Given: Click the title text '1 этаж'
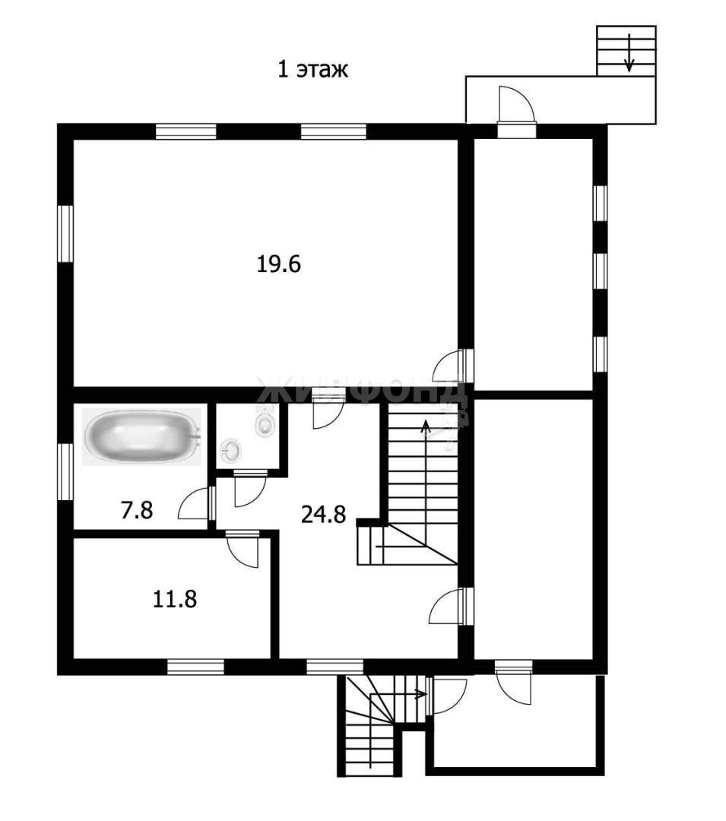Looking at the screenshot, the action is click(312, 69).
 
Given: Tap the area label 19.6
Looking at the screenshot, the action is click(278, 264).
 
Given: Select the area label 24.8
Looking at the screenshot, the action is click(324, 514).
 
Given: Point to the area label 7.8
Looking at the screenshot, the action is click(137, 510).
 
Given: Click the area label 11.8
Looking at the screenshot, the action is click(175, 599).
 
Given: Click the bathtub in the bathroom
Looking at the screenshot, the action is click(141, 436).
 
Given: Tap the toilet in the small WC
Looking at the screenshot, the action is click(265, 421).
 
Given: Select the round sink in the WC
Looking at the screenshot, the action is click(231, 450).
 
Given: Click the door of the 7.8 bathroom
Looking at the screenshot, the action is click(196, 504).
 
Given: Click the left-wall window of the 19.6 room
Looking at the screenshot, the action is click(65, 233).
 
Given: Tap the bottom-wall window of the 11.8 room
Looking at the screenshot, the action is click(196, 667).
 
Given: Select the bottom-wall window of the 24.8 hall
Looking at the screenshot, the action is click(334, 667).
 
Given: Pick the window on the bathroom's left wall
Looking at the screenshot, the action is click(65, 472).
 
